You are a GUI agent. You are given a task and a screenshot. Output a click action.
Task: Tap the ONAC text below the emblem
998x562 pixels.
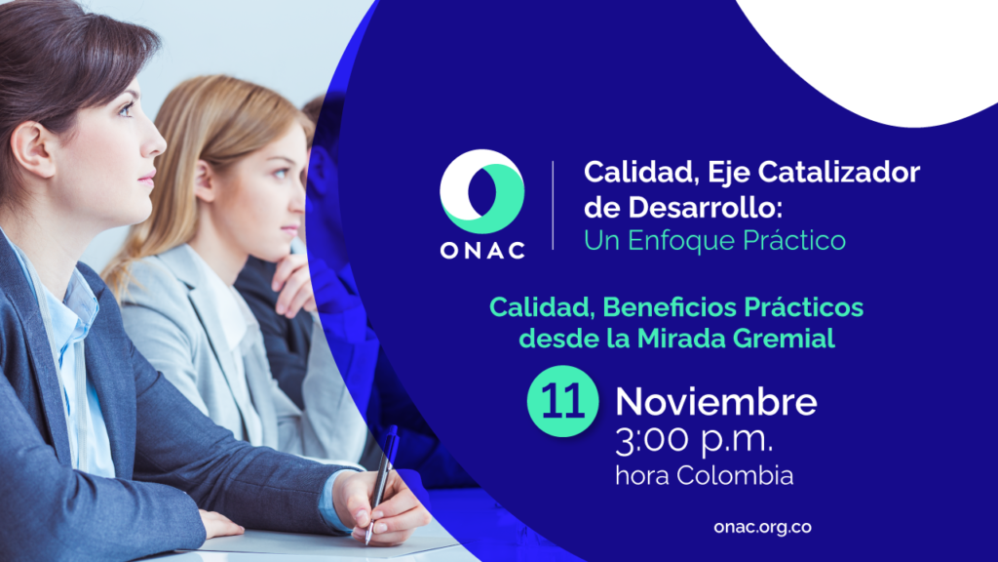(482, 251)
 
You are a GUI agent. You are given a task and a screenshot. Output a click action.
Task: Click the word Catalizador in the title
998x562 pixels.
(839, 172)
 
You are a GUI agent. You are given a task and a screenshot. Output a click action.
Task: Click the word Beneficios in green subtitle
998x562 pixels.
(669, 307)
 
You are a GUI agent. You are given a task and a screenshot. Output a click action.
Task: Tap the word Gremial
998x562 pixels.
(784, 338)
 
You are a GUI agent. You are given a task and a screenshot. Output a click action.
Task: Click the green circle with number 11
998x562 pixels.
(562, 401)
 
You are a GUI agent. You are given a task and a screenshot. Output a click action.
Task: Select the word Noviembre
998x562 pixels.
(716, 402)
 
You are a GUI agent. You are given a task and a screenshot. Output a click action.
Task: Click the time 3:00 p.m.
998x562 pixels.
(694, 441)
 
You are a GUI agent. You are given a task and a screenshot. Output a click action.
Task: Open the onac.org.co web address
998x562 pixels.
(762, 528)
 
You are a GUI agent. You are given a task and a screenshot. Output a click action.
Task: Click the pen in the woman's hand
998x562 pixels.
(381, 483)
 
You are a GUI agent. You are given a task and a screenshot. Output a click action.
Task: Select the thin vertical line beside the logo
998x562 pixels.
(553, 205)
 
